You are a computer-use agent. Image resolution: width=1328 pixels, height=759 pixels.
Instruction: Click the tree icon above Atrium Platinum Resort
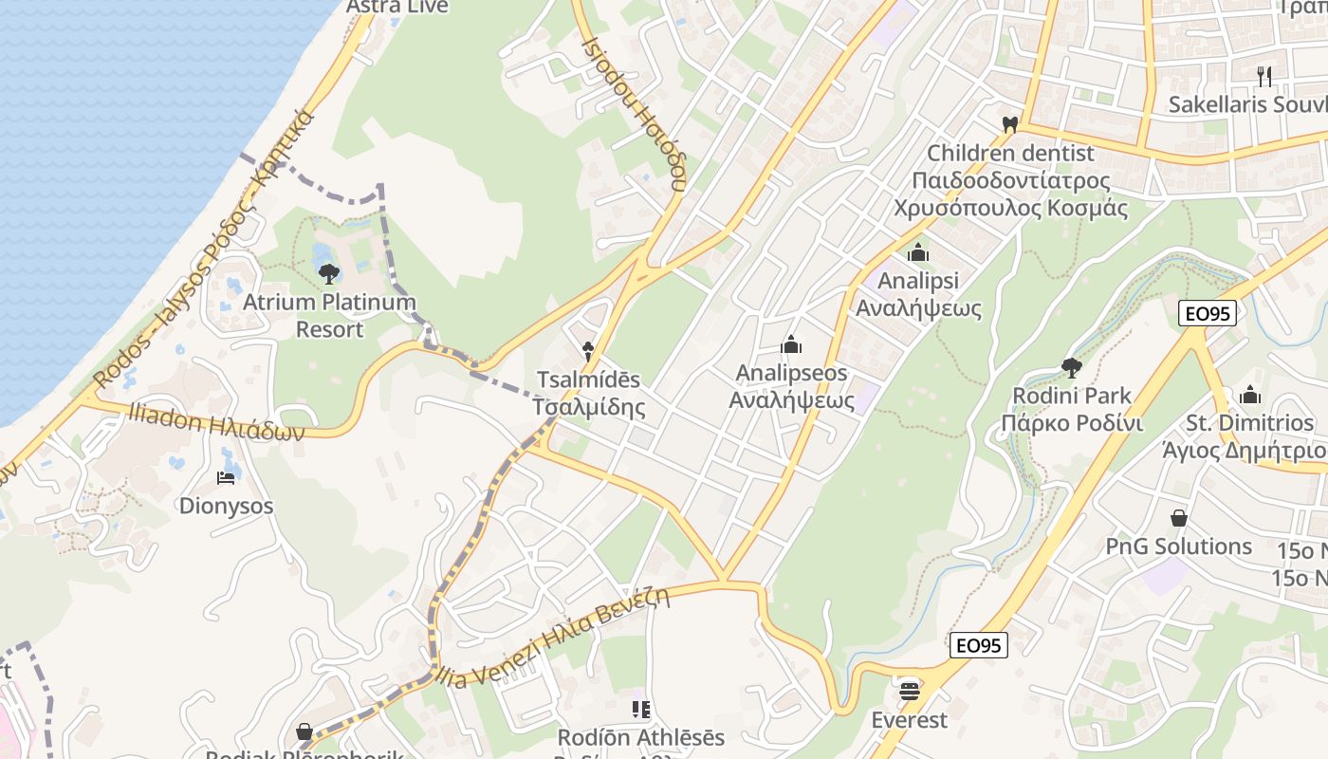(329, 274)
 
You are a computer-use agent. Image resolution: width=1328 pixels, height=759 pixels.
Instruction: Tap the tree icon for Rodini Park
(1072, 367)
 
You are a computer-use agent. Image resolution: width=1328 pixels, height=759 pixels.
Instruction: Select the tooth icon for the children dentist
(1009, 124)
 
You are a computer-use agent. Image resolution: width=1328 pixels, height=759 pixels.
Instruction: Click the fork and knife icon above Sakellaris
(1263, 76)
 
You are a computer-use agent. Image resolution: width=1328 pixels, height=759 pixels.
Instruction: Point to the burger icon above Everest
(910, 692)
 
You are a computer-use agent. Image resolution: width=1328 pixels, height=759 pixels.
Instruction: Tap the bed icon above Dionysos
(226, 477)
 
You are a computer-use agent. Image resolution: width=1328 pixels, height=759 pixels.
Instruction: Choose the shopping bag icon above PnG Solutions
(1179, 518)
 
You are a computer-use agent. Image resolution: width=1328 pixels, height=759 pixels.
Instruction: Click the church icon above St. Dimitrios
(1250, 394)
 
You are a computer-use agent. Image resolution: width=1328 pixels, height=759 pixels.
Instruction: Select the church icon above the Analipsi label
(917, 252)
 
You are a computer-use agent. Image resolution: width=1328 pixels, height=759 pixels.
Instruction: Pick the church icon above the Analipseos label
(791, 344)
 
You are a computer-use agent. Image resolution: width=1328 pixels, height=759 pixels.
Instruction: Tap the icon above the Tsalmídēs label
(588, 351)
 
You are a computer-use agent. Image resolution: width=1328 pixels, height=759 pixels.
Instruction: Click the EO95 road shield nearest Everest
(978, 645)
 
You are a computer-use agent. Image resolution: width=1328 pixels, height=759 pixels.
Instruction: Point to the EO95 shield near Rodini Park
(1208, 313)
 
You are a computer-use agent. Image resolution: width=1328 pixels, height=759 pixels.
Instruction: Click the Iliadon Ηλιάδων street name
(208, 421)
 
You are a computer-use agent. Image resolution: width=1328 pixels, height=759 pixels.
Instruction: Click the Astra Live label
(397, 7)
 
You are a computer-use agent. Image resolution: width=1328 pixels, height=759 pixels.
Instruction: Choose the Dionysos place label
(226, 506)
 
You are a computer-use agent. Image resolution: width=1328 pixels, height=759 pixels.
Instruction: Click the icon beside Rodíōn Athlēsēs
(640, 709)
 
